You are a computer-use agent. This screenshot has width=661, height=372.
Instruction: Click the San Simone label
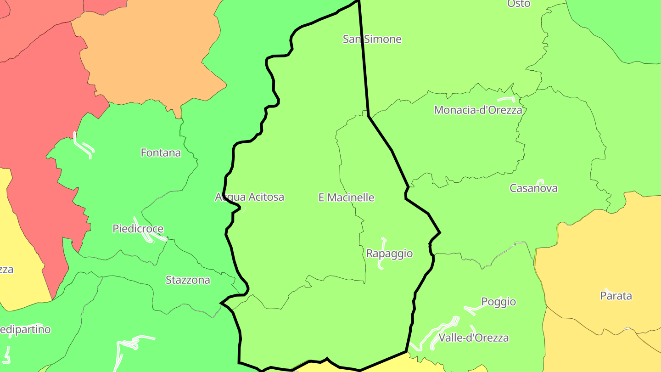point(372,39)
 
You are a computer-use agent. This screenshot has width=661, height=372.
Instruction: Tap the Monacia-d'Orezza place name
point(478,110)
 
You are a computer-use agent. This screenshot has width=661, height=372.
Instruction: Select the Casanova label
point(533,188)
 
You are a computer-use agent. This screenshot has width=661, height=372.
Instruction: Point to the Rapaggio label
point(389,253)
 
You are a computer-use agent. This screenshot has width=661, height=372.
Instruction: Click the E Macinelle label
point(346,197)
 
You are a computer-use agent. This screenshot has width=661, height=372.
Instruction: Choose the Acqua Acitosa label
point(249,197)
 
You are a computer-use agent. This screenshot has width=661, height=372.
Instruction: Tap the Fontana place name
point(161,152)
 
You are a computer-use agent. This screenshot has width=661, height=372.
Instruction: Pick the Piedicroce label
point(138,229)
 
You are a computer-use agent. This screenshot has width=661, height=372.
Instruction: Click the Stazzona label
point(188,280)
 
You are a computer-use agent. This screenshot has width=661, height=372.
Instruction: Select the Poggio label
point(499,302)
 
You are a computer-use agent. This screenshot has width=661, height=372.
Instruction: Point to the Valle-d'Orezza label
point(474,338)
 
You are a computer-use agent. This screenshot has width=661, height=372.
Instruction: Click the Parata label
point(616,296)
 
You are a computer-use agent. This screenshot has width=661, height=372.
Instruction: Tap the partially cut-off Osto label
point(519,4)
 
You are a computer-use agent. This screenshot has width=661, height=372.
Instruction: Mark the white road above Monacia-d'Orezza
point(506,99)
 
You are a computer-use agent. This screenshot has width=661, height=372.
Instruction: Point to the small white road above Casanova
point(540,181)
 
